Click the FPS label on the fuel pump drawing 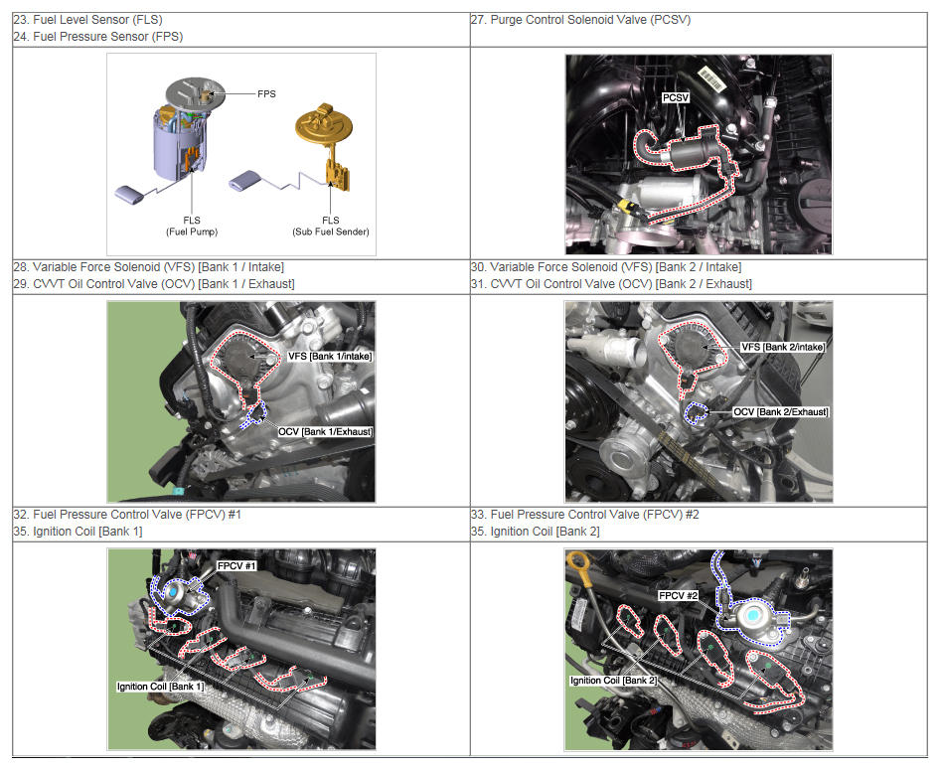pos(266,94)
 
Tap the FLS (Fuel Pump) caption pos(192,226)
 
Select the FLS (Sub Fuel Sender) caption pos(331,226)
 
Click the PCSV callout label pos(676,97)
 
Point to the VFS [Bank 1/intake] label pos(330,356)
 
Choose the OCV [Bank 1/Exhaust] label pos(326,431)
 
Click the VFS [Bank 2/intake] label pos(783,347)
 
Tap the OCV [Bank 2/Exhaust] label pos(781,412)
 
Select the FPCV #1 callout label pos(236,566)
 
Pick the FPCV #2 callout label pos(678,595)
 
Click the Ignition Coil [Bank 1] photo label pos(160,687)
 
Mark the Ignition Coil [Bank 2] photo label pos(613,681)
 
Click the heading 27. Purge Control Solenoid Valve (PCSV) pos(580,20)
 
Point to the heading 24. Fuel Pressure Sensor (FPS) pos(98,37)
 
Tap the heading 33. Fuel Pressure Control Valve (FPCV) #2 pos(585,515)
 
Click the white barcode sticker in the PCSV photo pos(712,79)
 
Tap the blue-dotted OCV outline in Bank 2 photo pos(696,413)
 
